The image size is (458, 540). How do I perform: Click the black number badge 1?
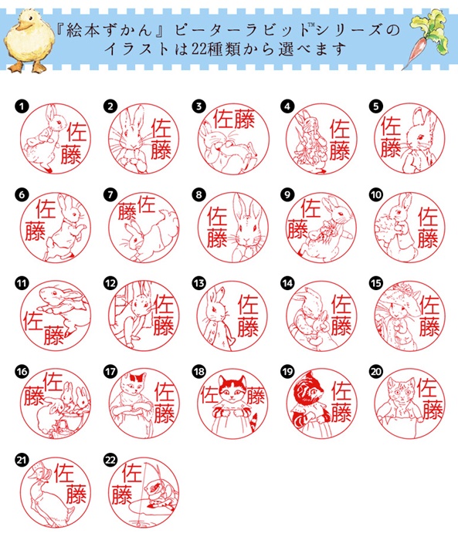point(22,106)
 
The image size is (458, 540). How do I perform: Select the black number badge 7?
point(110,194)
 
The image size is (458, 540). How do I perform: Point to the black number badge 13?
point(199,283)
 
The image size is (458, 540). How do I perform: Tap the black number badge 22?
point(110,460)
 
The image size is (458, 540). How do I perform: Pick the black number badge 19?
point(287,372)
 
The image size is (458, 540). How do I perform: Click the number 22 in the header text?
point(198,49)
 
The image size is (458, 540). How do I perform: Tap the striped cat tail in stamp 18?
point(253,421)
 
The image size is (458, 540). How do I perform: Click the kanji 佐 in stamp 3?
point(224,119)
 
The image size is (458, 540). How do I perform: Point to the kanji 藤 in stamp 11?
point(54,334)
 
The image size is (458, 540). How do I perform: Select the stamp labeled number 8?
point(232,227)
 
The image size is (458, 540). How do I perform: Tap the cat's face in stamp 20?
point(401,389)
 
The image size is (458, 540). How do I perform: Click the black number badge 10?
point(376,194)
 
